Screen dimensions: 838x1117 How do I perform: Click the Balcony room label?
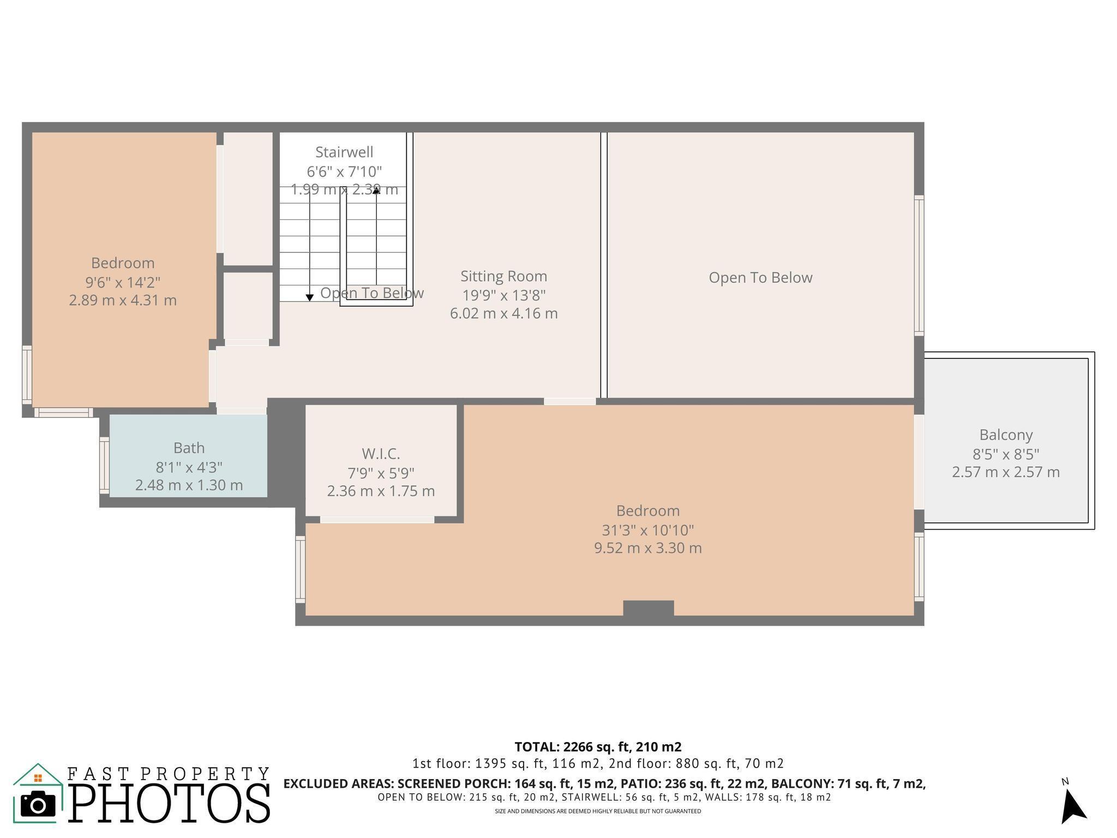pyautogui.click(x=1006, y=435)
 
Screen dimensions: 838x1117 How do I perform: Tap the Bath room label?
pyautogui.click(x=189, y=448)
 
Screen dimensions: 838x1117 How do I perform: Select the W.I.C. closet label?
pyautogui.click(x=381, y=453)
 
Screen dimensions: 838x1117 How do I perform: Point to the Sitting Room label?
pyautogui.click(x=503, y=276)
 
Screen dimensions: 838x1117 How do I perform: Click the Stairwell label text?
pyautogui.click(x=344, y=152)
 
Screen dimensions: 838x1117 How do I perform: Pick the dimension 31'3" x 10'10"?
pyautogui.click(x=647, y=530)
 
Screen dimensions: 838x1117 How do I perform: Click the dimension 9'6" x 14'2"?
pyautogui.click(x=123, y=282)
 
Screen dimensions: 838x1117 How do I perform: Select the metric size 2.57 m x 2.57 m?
pyautogui.click(x=1006, y=472)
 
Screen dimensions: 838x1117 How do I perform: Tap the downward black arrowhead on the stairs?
pyautogui.click(x=309, y=297)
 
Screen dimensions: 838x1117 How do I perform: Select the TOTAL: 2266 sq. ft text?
pyautogui.click(x=598, y=746)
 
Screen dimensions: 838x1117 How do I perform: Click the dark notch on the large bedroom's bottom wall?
pyautogui.click(x=648, y=608)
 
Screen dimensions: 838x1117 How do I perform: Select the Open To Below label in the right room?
pyautogui.click(x=760, y=278)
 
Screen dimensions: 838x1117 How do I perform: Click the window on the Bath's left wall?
pyautogui.click(x=104, y=465)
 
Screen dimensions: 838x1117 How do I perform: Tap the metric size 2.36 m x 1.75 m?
pyautogui.click(x=381, y=491)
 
